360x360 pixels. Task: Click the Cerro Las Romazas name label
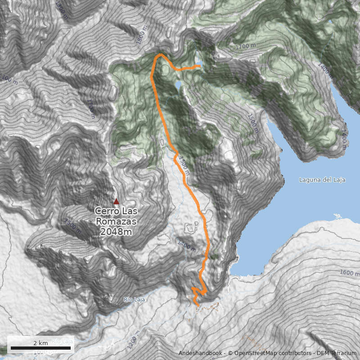pyautogui.click(x=116, y=216)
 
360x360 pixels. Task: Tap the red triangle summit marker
pyautogui.click(x=116, y=201)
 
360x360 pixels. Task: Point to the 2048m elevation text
pyautogui.click(x=116, y=232)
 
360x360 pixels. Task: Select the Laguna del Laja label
pyautogui.click(x=322, y=180)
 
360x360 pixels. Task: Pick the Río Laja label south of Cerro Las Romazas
pyautogui.click(x=135, y=299)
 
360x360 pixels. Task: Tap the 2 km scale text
pyautogui.click(x=40, y=343)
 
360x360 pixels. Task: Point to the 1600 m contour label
pyautogui.click(x=347, y=273)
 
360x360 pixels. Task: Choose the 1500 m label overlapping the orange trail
pyautogui.click(x=183, y=165)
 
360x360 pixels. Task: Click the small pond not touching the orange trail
pyautogui.click(x=178, y=85)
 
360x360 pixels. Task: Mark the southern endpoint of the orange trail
pyautogui.click(x=198, y=306)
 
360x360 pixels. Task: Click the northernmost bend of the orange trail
pyautogui.click(x=160, y=54)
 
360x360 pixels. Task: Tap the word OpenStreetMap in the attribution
pyautogui.click(x=252, y=353)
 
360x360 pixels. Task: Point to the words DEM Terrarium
pyautogui.click(x=336, y=353)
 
